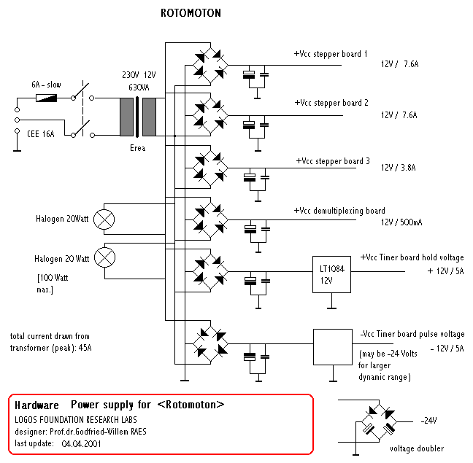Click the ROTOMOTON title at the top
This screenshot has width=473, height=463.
(191, 13)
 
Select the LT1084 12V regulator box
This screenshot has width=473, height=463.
(331, 274)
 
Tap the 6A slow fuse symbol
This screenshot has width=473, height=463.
(47, 98)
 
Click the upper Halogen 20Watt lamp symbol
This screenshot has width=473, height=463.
(104, 219)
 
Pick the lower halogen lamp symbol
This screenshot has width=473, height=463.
(104, 257)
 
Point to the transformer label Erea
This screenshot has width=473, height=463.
(137, 148)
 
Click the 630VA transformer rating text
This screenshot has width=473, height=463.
(139, 87)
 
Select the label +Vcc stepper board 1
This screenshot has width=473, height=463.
(331, 54)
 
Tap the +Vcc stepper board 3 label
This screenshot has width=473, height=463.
(333, 161)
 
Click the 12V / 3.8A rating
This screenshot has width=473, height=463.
(399, 168)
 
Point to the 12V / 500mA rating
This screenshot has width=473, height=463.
(401, 222)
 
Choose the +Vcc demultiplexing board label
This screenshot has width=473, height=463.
(339, 211)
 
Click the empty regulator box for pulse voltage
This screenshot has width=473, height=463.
(333, 347)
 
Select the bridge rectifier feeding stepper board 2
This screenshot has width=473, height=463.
(210, 115)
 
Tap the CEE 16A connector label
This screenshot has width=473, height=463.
(41, 134)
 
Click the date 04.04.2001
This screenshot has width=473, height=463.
(81, 444)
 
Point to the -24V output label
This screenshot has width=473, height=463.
(428, 421)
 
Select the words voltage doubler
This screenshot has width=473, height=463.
(417, 448)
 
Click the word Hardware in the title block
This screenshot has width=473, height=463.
(36, 405)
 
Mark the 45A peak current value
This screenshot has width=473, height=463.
(85, 348)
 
